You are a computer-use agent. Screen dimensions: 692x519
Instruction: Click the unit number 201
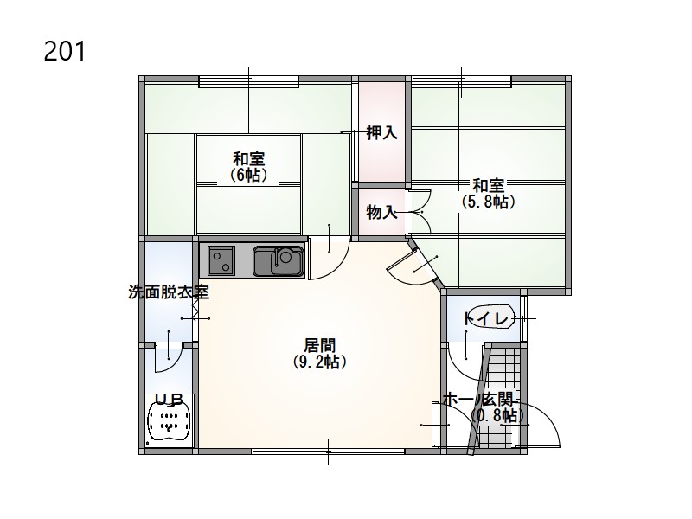pyautogui.click(x=64, y=51)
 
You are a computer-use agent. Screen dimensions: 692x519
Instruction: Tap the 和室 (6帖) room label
pyautogui.click(x=249, y=167)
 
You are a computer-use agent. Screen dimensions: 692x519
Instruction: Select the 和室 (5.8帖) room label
pyautogui.click(x=489, y=193)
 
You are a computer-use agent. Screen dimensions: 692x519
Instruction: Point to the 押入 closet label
pyautogui.click(x=382, y=132)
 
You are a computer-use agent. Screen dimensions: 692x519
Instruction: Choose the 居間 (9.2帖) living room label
pyautogui.click(x=320, y=353)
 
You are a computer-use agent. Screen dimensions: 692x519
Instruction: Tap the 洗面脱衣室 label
pyautogui.click(x=169, y=292)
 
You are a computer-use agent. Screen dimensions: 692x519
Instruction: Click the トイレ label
pyautogui.click(x=485, y=318)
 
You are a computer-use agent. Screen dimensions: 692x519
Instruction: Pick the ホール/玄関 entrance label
pyautogui.click(x=478, y=400)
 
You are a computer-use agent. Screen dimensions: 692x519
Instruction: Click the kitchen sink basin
pyautogui.click(x=279, y=261)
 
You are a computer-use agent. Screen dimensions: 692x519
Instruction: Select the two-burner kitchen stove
pyautogui.click(x=221, y=261)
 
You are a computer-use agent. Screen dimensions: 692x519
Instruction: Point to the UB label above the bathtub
pyautogui.click(x=170, y=400)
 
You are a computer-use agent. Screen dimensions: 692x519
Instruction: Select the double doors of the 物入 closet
pyautogui.click(x=420, y=212)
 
